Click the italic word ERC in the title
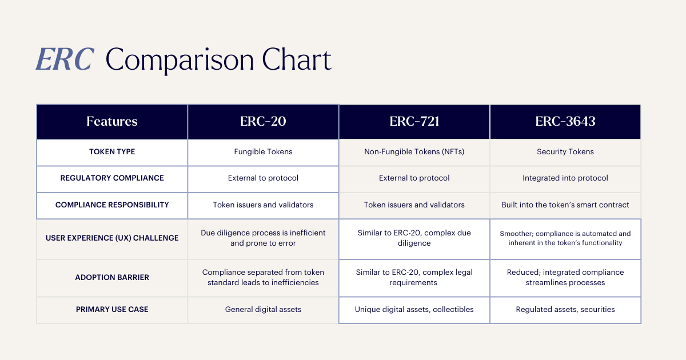65,59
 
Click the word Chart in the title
297,59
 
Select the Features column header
112,121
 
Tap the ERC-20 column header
263,121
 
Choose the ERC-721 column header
414,121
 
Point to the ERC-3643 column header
565,121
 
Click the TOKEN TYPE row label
112,152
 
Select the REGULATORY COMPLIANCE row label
112,178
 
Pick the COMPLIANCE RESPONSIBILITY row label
112,205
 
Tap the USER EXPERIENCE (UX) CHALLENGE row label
112,238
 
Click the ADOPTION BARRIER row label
112,277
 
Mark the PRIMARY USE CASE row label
112,310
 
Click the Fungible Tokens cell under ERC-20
263,152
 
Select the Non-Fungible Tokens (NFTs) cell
414,152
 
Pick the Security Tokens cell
565,152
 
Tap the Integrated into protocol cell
565,178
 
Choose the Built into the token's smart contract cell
565,205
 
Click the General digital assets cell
263,310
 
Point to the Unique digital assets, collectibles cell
414,310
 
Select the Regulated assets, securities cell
565,310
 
